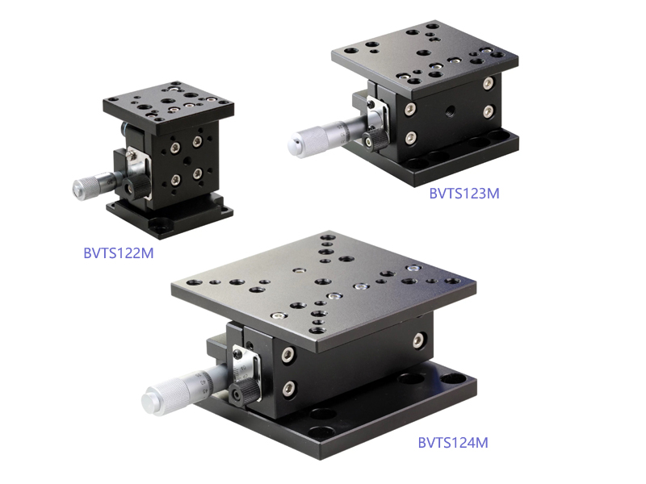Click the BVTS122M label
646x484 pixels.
coord(119,252)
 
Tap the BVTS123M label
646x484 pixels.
coord(464,193)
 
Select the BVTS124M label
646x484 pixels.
coord(453,442)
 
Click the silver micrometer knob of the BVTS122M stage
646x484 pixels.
coord(86,188)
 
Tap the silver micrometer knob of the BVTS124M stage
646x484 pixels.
coord(163,397)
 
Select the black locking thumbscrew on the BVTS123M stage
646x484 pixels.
coord(374,140)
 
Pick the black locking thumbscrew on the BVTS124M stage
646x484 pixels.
coord(243,392)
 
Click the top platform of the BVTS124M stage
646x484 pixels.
coord(324,288)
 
